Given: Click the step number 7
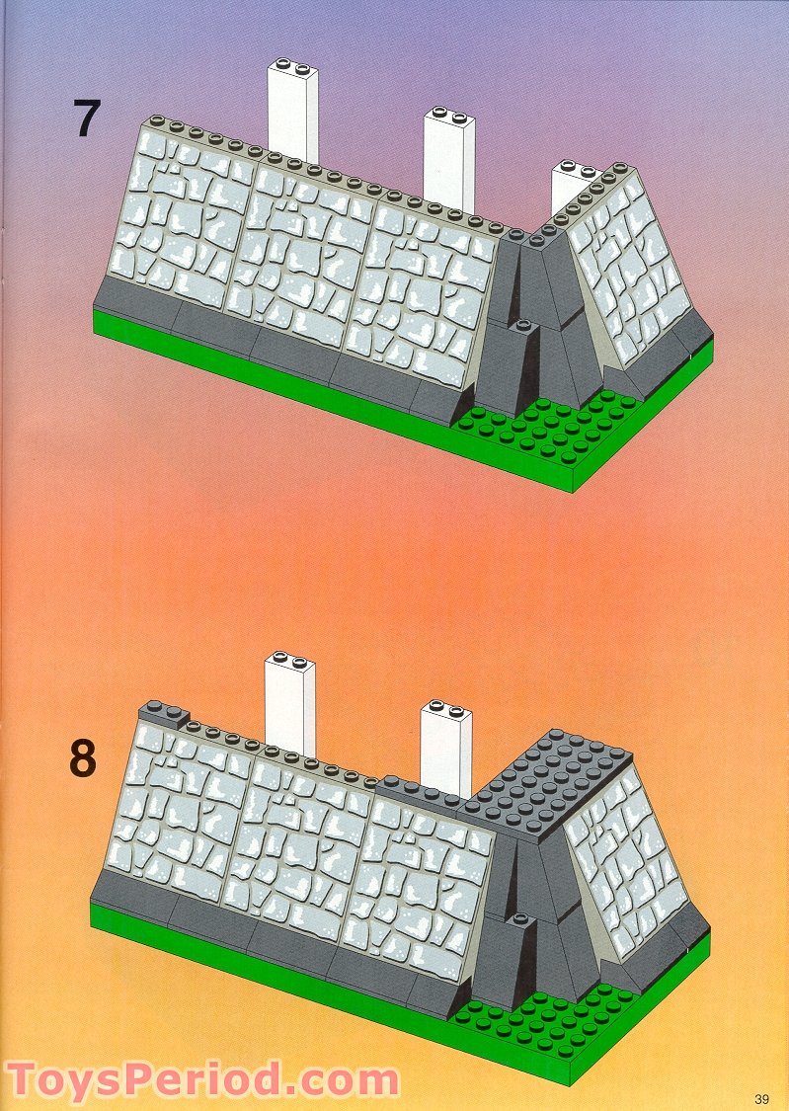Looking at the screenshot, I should tap(87, 119).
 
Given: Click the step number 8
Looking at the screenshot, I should tap(83, 758).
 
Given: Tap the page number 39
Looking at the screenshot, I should tap(760, 1098).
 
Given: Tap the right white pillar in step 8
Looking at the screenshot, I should tap(445, 747).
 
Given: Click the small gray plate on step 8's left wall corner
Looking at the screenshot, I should tap(163, 713).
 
